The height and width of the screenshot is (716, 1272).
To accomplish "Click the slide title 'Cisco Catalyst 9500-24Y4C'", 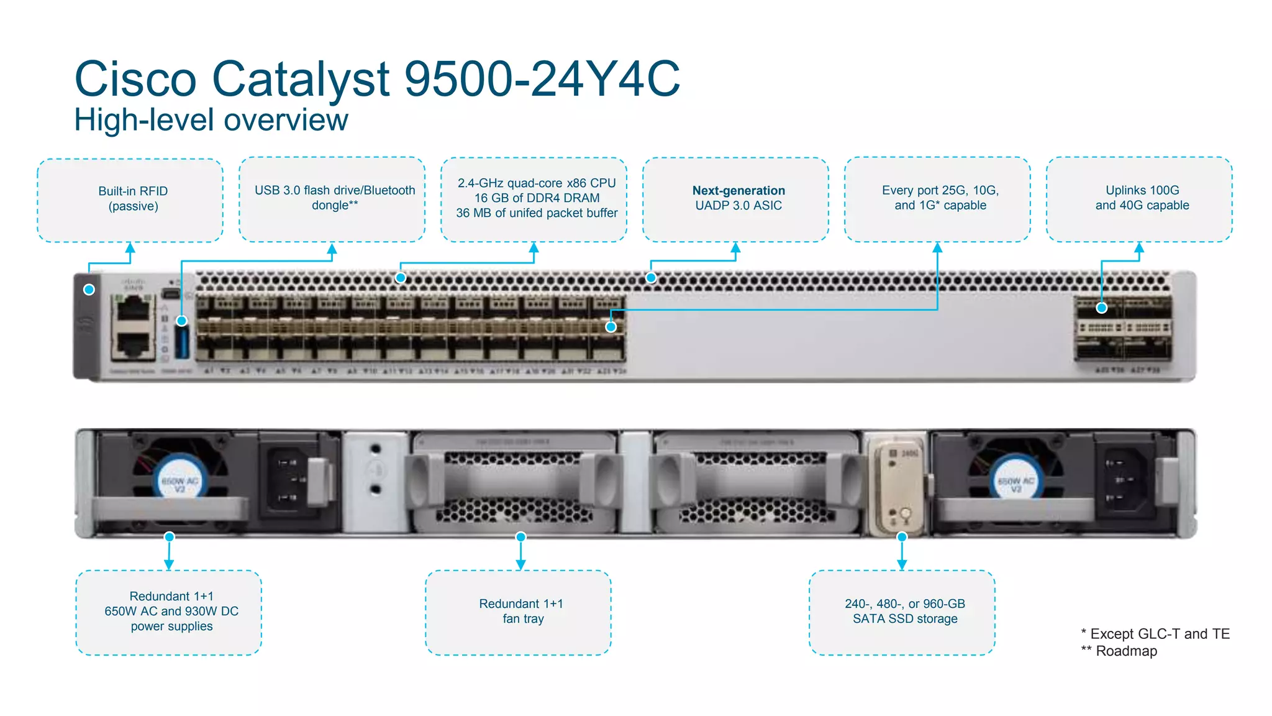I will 377,79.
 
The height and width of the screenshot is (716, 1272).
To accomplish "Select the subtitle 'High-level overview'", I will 211,120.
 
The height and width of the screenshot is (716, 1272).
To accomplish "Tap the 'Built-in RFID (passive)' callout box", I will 133,199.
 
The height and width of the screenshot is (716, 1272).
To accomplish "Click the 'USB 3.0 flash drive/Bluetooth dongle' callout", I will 335,198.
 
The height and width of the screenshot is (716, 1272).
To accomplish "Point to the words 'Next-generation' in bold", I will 738,190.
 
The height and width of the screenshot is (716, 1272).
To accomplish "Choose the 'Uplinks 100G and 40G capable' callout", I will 1142,198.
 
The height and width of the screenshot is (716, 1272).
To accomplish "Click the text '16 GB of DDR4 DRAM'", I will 537,198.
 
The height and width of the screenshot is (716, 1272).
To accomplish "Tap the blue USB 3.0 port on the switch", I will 181,341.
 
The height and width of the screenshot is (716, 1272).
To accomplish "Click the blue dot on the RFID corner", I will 89,290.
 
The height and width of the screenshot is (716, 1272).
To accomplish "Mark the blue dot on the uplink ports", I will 1102,308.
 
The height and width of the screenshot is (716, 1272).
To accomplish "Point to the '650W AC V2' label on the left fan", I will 179,485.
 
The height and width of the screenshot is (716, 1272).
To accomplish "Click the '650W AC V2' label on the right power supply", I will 1015,485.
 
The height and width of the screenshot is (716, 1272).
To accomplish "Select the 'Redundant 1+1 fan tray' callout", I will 521,611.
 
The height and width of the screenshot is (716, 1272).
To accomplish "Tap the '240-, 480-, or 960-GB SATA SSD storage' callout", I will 904,611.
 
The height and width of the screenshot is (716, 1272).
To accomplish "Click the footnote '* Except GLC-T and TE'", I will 1155,634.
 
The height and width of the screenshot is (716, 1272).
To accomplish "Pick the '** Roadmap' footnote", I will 1119,651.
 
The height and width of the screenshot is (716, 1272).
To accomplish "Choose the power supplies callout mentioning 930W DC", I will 171,611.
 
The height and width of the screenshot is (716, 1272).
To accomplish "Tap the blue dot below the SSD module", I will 902,536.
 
